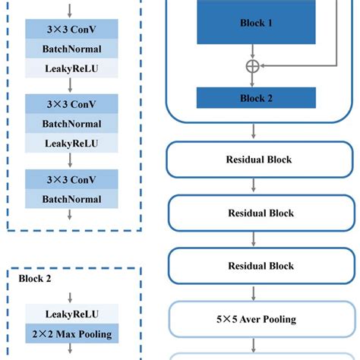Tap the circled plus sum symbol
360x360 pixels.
pyautogui.click(x=253, y=66)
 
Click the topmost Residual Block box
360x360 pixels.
pyautogui.click(x=258, y=160)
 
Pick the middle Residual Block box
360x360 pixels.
pyautogui.click(x=258, y=213)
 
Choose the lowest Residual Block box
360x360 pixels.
pyautogui.click(x=258, y=266)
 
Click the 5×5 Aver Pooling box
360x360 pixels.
pyautogui.click(x=258, y=319)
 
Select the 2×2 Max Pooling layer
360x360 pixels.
pyautogui.click(x=71, y=333)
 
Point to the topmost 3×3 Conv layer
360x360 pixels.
pyautogui.click(x=71, y=30)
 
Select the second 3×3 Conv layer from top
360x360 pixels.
pyautogui.click(x=71, y=104)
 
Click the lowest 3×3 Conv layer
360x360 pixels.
pyautogui.click(x=71, y=179)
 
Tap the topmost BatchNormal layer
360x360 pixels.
pyautogui.click(x=71, y=49)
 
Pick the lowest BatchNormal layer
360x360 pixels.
pyautogui.click(x=71, y=198)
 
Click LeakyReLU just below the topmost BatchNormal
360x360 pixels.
pyautogui.click(x=71, y=68)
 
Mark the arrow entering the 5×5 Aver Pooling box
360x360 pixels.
pyautogui.click(x=253, y=292)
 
